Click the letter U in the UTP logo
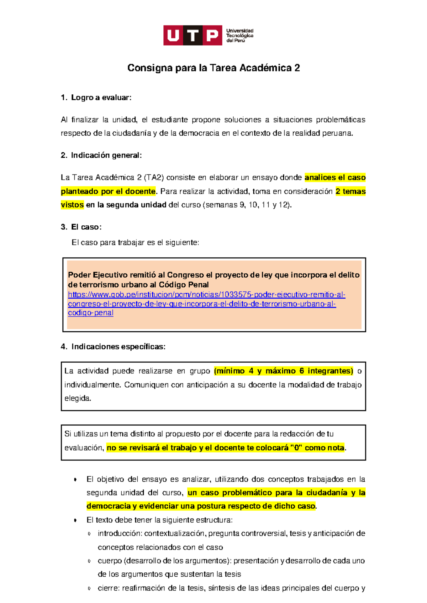click(x=173, y=36)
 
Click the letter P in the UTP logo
click(x=212, y=36)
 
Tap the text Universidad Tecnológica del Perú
click(x=239, y=36)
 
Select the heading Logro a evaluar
click(x=101, y=98)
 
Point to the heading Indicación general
click(x=106, y=155)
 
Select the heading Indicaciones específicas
click(x=118, y=347)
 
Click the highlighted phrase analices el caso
click(x=335, y=178)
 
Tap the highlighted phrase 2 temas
click(x=350, y=192)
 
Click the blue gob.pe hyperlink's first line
click(x=206, y=295)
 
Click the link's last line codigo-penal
click(x=90, y=313)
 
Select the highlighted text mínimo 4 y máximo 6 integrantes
click(x=283, y=371)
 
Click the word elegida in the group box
click(x=77, y=398)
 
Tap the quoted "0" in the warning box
click(x=296, y=448)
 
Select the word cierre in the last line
click(x=108, y=588)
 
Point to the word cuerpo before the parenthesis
click(x=109, y=561)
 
